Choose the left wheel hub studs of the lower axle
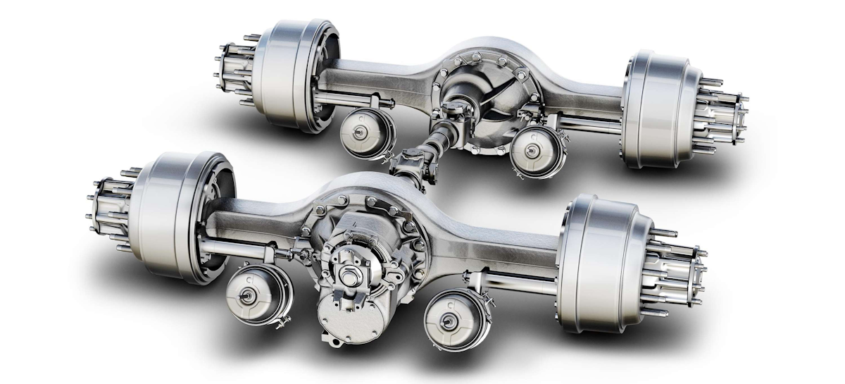click(106, 204)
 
